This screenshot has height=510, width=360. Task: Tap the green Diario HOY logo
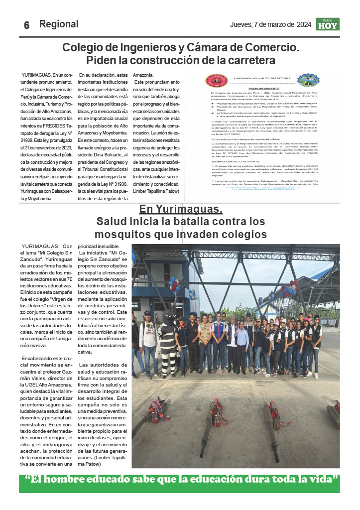(x=328, y=24)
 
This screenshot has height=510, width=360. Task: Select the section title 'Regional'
(x=59, y=24)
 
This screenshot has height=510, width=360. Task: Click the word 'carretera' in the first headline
(x=250, y=60)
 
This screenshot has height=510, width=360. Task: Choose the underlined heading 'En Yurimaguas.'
(x=181, y=209)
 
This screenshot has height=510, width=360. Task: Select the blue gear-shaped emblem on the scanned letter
(x=308, y=80)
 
